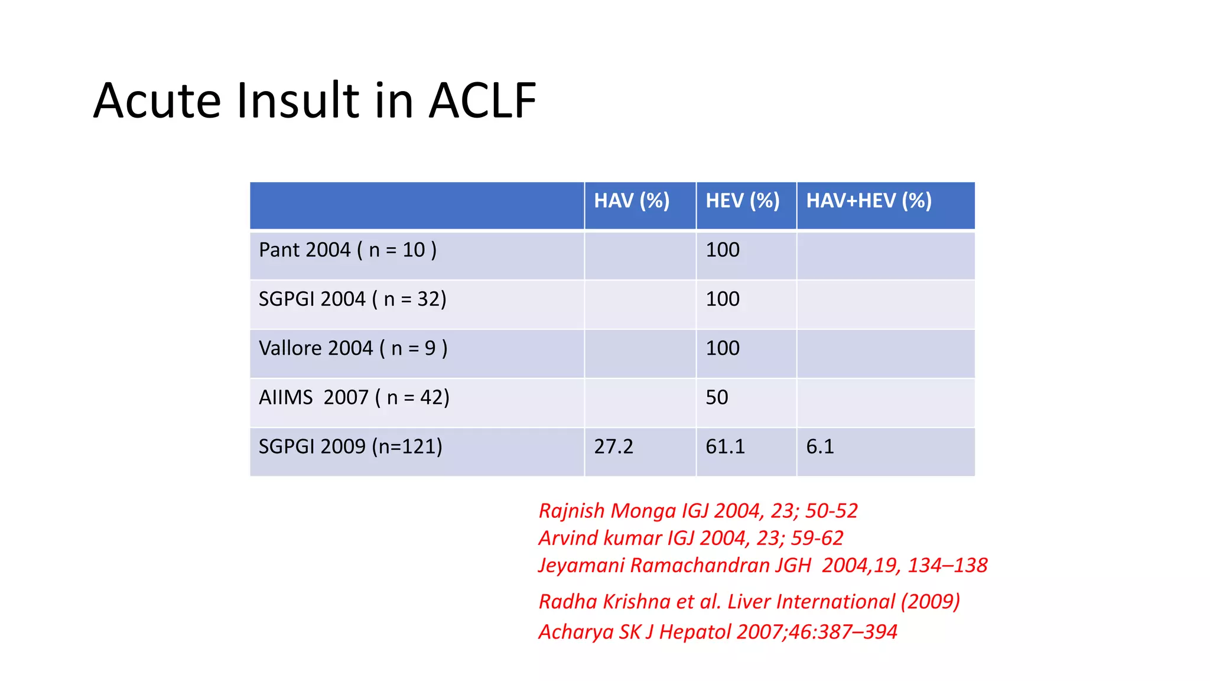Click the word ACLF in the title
(482, 100)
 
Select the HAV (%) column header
(632, 201)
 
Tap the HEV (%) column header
(743, 201)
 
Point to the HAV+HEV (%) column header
(869, 201)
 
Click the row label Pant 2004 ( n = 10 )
(347, 250)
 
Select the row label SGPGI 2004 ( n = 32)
(352, 299)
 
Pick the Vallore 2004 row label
(353, 348)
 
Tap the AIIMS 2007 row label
(354, 397)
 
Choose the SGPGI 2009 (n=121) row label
(350, 446)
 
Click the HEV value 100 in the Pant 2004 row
(723, 250)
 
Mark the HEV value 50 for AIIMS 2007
(717, 397)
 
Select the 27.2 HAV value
(613, 446)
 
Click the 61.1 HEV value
(725, 446)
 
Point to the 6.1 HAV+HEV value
(820, 446)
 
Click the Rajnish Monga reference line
(698, 511)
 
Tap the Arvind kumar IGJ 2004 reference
(691, 538)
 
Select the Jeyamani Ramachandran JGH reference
(763, 565)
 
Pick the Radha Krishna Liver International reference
(749, 602)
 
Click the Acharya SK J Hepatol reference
(718, 632)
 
